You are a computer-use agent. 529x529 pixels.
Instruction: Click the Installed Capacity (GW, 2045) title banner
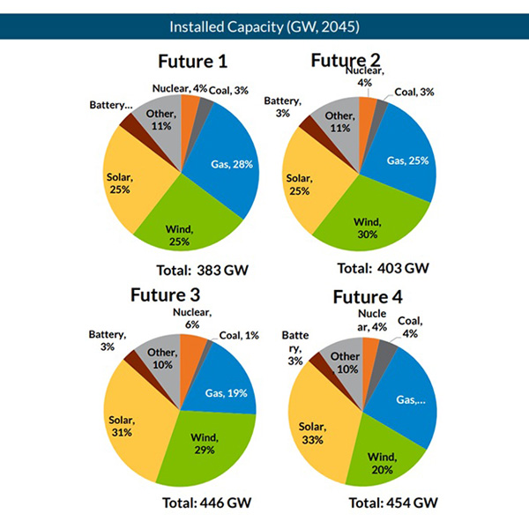coord(264,26)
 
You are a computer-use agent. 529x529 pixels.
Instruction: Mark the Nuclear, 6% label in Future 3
coord(190,317)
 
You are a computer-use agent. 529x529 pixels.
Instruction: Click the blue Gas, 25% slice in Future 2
coord(406,159)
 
